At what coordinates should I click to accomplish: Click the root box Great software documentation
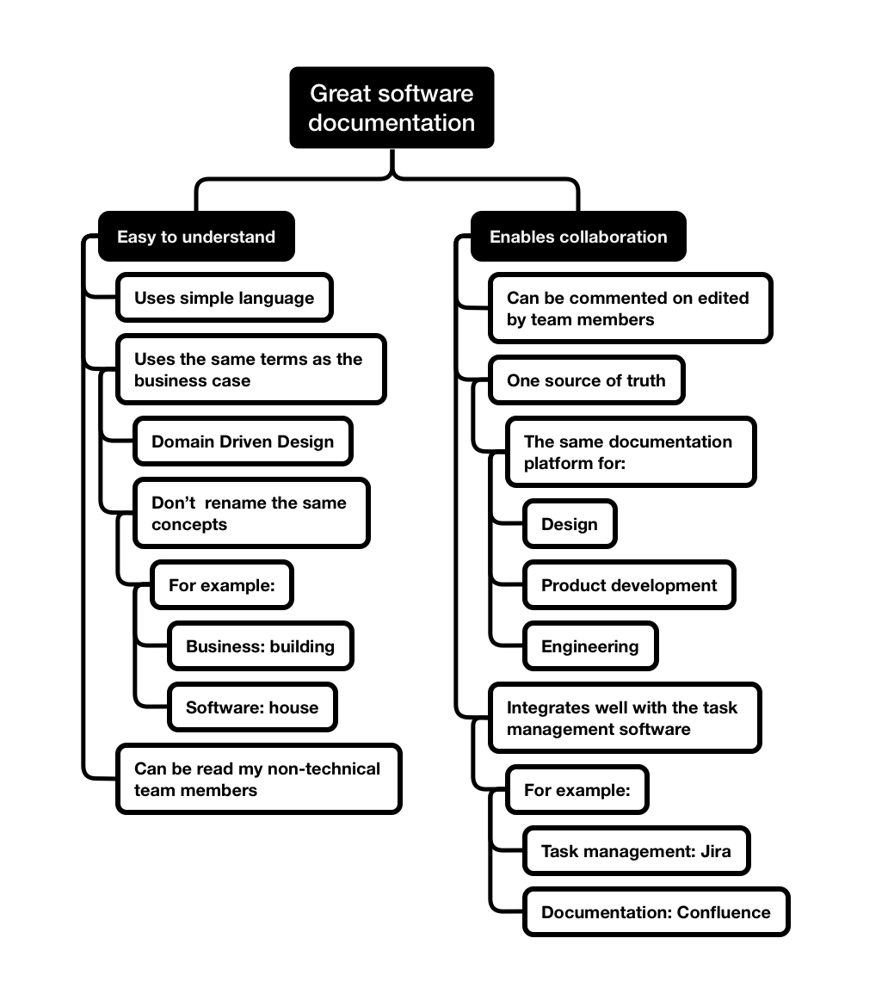tap(392, 108)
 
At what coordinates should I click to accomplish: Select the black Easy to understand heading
tap(196, 237)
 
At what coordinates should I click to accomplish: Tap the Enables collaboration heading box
tap(578, 237)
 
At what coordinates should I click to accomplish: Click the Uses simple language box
tap(224, 299)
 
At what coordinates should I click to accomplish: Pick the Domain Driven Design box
tap(243, 441)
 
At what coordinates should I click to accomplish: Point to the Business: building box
tap(260, 646)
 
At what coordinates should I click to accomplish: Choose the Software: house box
tap(252, 707)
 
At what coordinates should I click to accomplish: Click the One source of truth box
tap(586, 380)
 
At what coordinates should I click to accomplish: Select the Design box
tap(570, 524)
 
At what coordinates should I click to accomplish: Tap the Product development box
tap(629, 585)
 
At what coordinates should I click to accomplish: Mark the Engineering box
tap(590, 646)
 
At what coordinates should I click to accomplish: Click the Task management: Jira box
tap(636, 851)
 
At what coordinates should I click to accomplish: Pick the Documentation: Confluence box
tap(656, 912)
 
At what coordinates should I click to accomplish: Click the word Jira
tap(715, 851)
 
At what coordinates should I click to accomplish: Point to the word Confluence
tap(724, 912)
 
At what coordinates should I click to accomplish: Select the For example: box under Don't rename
tap(221, 585)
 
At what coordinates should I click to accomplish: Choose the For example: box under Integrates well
tap(577, 790)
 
